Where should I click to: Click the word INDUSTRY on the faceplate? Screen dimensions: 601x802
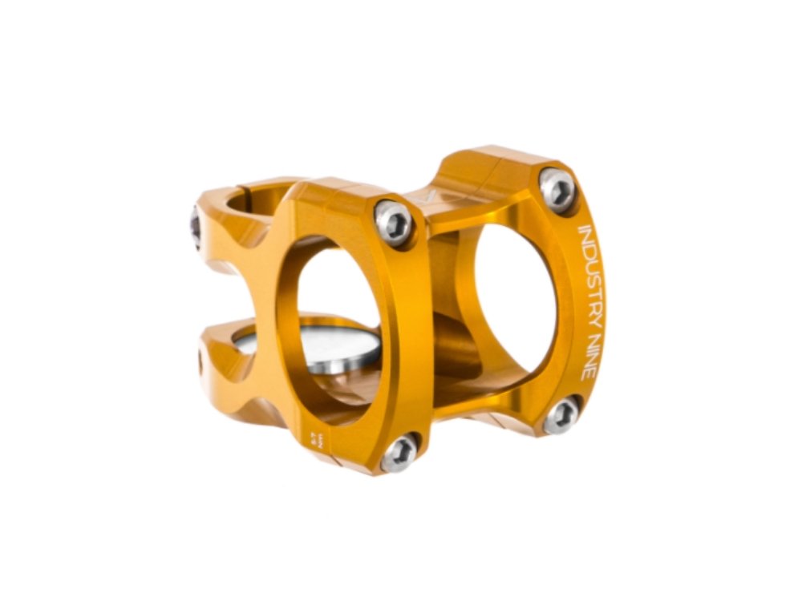click(x=589, y=265)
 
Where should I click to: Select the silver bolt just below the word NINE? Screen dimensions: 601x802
click(x=561, y=415)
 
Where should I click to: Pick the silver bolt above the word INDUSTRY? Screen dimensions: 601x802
click(x=557, y=189)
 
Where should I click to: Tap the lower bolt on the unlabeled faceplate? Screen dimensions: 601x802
click(x=399, y=454)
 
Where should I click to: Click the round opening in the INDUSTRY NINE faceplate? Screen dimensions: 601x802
click(x=513, y=296)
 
